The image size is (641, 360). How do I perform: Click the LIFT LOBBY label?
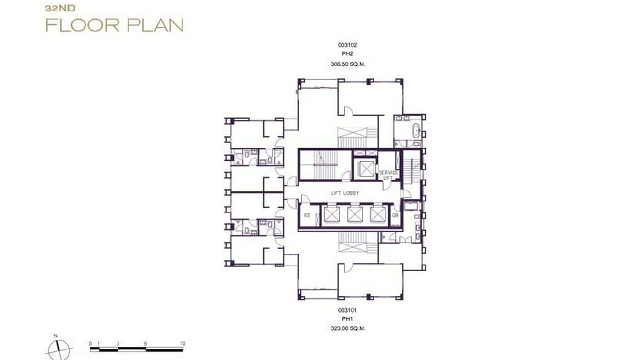(345, 193)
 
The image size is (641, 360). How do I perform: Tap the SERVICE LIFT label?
(388, 175)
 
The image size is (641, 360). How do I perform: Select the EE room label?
(307, 215)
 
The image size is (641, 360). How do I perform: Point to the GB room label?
(395, 215)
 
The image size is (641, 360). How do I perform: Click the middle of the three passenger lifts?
(354, 214)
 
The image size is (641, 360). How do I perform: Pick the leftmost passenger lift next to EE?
(331, 214)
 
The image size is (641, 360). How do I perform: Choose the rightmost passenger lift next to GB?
(377, 214)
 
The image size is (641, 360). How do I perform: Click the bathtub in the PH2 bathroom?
(416, 130)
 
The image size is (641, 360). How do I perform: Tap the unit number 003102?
(347, 45)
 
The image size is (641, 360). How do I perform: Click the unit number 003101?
(347, 310)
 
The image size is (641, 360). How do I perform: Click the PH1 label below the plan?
(347, 319)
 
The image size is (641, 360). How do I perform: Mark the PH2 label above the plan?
(347, 54)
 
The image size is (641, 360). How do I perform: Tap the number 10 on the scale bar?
(182, 344)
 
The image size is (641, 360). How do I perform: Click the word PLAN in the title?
(154, 25)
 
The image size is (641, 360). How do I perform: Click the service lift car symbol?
(365, 169)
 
